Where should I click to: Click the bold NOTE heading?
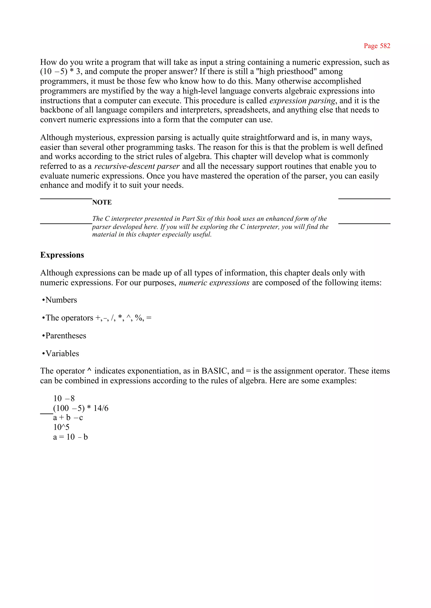102,202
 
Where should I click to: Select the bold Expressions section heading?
62,255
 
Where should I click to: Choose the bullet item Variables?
62,353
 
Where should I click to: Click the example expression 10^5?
61,427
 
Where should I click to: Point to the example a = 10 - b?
70,437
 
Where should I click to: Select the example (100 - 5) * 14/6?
81,408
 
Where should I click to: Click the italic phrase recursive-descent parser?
137,166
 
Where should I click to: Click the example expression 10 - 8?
64,398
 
